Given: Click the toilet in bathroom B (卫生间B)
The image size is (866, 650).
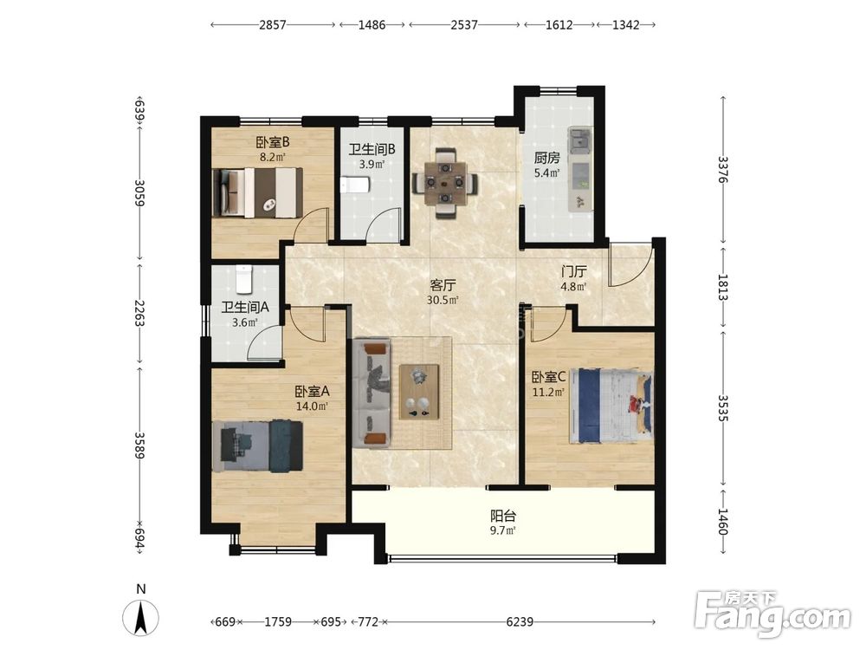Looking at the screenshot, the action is (x=354, y=185).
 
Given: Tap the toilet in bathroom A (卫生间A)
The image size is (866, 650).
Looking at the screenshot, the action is (x=244, y=279).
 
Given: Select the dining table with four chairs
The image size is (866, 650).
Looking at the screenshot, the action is (x=445, y=182).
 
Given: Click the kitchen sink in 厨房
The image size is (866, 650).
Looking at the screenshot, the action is (x=579, y=138).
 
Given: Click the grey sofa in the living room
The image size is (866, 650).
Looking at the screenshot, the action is (x=372, y=393).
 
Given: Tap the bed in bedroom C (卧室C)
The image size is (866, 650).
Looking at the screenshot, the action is (x=611, y=406).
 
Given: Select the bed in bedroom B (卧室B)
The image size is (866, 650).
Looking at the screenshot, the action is (x=257, y=193).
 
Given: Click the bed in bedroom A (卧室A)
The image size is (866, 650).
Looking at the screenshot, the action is (x=257, y=446).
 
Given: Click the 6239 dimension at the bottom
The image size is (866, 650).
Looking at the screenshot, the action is (x=520, y=621).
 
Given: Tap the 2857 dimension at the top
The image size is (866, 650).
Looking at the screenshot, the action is (x=273, y=25).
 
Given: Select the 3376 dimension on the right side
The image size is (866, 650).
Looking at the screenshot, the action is (x=723, y=170).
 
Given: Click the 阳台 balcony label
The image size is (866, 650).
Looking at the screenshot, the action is (x=503, y=516).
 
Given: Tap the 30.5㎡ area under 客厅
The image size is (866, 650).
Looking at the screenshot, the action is (x=443, y=300).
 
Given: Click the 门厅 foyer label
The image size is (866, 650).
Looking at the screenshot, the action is (x=574, y=271).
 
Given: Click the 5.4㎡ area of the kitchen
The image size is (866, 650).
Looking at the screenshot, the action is (x=546, y=172).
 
